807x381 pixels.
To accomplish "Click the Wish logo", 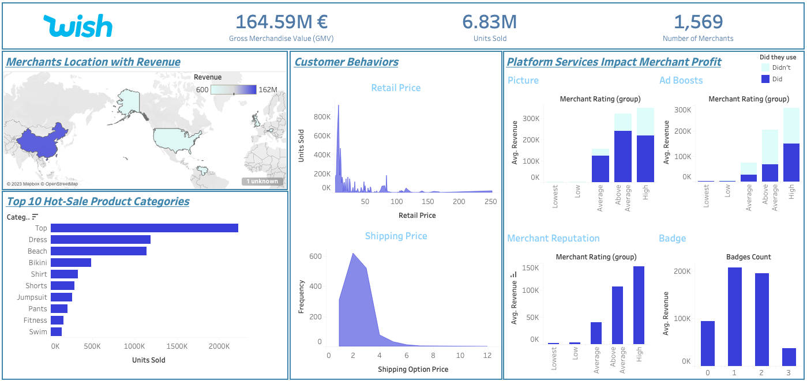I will point(78,26).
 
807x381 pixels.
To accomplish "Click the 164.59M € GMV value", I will point(281,22).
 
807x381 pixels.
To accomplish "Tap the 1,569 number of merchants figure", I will point(698,22).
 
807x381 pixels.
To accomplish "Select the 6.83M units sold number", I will point(489,22).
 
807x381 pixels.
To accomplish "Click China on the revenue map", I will point(43,141).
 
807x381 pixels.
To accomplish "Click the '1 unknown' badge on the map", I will point(262,182).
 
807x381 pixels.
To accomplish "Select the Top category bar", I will point(144,228).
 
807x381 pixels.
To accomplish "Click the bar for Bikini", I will point(71,263).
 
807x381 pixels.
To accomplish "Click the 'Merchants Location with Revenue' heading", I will point(93,62).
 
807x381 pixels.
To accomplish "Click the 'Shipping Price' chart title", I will point(396,236).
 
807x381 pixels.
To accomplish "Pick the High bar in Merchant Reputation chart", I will point(639,305).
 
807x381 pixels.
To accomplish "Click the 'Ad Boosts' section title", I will point(681,81).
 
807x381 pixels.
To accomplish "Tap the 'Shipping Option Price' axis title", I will point(412,369).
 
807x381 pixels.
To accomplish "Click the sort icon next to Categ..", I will point(35,217).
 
